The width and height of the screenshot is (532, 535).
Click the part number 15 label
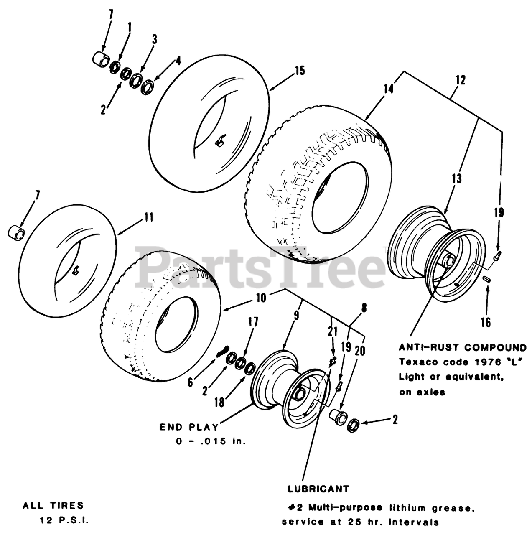(x=299, y=70)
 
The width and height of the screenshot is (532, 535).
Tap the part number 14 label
(x=388, y=89)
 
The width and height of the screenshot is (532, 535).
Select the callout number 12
(x=460, y=80)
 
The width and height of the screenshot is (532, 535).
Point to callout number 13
(x=456, y=179)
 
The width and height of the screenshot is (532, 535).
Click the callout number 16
(x=486, y=322)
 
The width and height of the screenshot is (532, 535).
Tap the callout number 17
(x=253, y=322)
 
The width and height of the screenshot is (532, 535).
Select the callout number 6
(x=191, y=382)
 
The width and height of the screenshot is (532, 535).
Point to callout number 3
(x=154, y=40)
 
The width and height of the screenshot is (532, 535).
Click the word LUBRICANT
(x=318, y=489)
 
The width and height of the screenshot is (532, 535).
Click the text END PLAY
(x=189, y=427)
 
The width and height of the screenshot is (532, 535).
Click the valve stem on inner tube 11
(x=76, y=270)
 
